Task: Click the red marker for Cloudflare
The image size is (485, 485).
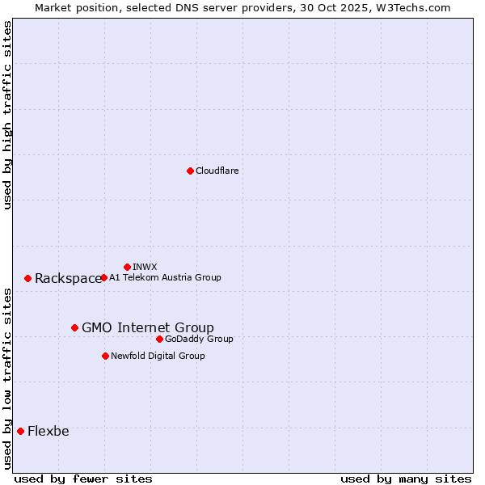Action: click(x=190, y=171)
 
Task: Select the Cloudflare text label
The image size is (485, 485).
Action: click(x=217, y=171)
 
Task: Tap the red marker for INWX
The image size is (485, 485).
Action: click(x=127, y=267)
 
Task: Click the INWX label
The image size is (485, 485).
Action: click(x=145, y=267)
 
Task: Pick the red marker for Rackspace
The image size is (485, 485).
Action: click(x=27, y=278)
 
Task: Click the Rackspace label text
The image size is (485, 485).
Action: click(x=68, y=279)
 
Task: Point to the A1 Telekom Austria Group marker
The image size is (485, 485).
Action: click(x=103, y=277)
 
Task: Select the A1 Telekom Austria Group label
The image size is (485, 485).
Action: click(x=165, y=277)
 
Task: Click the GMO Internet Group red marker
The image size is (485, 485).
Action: click(x=74, y=327)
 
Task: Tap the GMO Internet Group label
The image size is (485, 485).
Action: click(x=148, y=327)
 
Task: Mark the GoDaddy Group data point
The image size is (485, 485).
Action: click(x=159, y=339)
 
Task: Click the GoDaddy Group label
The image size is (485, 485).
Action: click(x=199, y=339)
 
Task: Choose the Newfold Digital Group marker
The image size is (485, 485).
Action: click(x=105, y=356)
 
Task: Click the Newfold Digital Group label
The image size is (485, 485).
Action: click(x=158, y=356)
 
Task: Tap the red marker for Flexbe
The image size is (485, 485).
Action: click(x=20, y=431)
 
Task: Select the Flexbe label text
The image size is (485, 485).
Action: click(x=48, y=431)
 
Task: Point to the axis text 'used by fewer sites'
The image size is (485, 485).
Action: click(x=83, y=479)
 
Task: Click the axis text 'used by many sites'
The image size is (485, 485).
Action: click(x=406, y=479)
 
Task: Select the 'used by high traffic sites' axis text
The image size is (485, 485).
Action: click(x=7, y=115)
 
